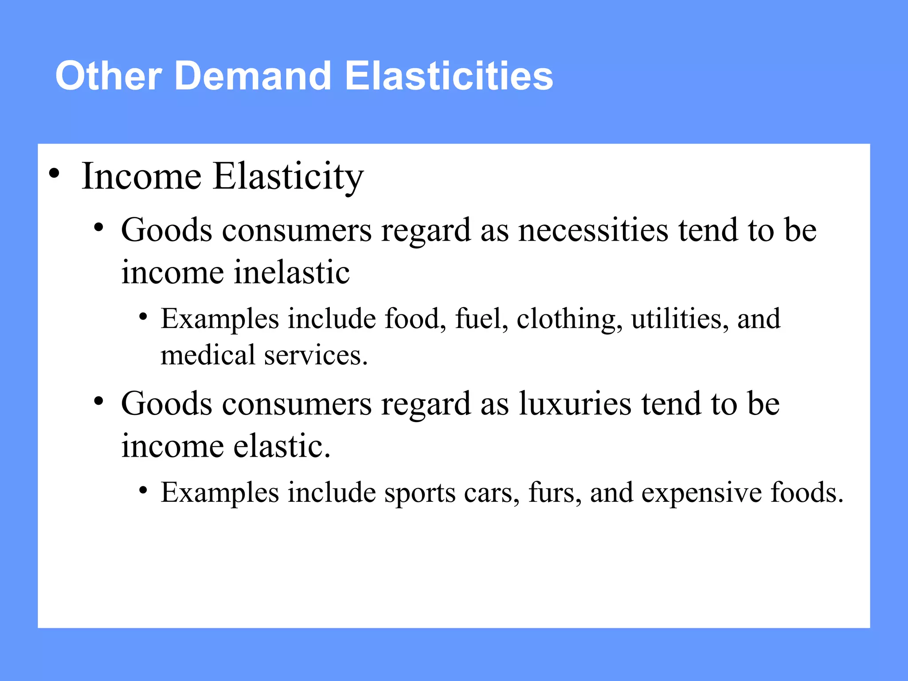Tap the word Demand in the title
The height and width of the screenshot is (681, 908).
(253, 76)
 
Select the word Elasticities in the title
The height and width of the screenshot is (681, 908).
(449, 76)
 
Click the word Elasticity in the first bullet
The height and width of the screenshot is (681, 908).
(288, 176)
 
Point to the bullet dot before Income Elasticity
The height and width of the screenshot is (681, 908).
(54, 173)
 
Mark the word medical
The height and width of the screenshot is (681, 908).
(208, 355)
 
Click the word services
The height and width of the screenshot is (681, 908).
(316, 355)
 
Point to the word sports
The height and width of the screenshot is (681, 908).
(419, 493)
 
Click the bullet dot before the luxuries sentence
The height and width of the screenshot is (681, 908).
(98, 401)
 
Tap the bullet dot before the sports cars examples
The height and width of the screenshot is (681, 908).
(143, 490)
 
